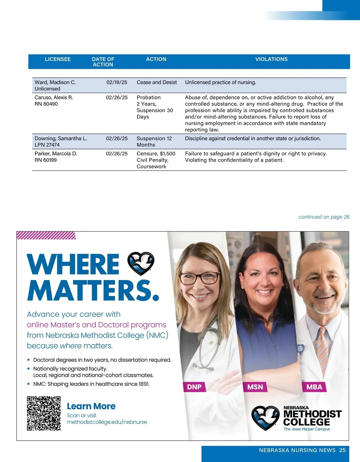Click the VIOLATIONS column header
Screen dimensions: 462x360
click(x=271, y=59)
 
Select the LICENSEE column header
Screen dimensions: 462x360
click(x=58, y=59)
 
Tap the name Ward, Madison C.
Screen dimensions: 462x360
click(x=55, y=82)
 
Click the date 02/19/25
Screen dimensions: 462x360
click(x=117, y=82)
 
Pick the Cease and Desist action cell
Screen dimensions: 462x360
click(x=157, y=82)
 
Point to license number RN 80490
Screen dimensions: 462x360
click(x=46, y=104)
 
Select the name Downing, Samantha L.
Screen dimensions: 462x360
click(x=61, y=138)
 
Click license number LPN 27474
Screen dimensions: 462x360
click(x=47, y=145)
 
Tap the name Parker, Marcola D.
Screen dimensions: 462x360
click(x=56, y=154)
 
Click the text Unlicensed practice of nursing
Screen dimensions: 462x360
click(x=220, y=82)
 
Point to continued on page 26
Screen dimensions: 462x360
click(x=324, y=217)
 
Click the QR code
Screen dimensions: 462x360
click(x=44, y=413)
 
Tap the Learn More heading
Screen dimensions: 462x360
click(x=91, y=406)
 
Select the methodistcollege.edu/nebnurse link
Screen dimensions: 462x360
click(x=107, y=422)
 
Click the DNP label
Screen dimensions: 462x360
click(x=194, y=387)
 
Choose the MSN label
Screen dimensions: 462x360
click(x=255, y=387)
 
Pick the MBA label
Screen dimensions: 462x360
click(x=314, y=387)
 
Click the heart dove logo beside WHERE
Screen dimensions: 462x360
click(x=141, y=263)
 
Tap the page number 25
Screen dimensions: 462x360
click(x=342, y=450)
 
